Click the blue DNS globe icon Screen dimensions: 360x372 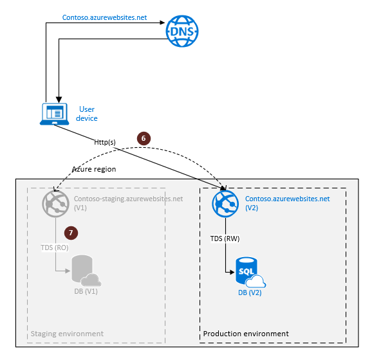tap(182, 30)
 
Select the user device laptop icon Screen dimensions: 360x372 tap(54, 114)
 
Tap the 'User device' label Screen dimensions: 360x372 tap(88, 114)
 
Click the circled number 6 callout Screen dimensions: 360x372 tap(144, 138)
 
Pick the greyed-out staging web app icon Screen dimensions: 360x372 tap(55, 203)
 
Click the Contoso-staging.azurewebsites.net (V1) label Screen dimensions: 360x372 tap(128, 203)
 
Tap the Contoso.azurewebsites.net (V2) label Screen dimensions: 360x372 tap(287, 203)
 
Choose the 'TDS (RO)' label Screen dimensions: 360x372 tap(55, 247)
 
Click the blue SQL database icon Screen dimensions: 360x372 tap(248, 272)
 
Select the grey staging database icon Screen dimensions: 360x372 tap(84, 272)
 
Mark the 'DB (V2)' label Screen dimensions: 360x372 tap(249, 293)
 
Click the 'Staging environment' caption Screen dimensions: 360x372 tap(67, 334)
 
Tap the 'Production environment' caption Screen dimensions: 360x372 tap(246, 334)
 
